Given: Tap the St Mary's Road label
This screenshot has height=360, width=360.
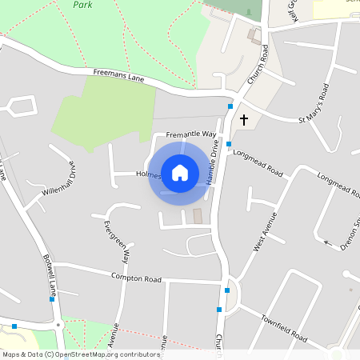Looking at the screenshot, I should pyautogui.click(x=314, y=105).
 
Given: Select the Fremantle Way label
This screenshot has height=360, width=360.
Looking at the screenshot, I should pyautogui.click(x=191, y=134).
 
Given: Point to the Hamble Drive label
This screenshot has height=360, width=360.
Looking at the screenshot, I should pyautogui.click(x=213, y=162).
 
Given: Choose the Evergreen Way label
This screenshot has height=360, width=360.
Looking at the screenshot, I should pyautogui.click(x=110, y=238).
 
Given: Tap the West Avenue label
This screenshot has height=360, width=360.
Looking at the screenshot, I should pyautogui.click(x=265, y=232).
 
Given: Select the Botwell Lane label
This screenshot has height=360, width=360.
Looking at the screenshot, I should pyautogui.click(x=49, y=274).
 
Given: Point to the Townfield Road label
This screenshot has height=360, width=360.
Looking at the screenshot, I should pyautogui.click(x=283, y=328).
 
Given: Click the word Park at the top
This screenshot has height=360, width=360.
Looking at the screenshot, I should pyautogui.click(x=82, y=4).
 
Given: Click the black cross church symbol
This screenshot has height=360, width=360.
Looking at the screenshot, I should pyautogui.click(x=243, y=120).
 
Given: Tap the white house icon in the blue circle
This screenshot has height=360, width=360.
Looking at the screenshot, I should pyautogui.click(x=180, y=172).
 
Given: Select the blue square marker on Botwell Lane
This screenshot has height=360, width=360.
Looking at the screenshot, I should pyautogui.click(x=52, y=299).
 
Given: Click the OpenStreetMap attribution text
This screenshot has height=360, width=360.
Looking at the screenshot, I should pyautogui.click(x=81, y=354).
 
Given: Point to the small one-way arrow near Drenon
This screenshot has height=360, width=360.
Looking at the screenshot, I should pyautogui.click(x=326, y=240).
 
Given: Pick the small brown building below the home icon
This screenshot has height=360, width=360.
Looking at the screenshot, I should pyautogui.click(x=198, y=216).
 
